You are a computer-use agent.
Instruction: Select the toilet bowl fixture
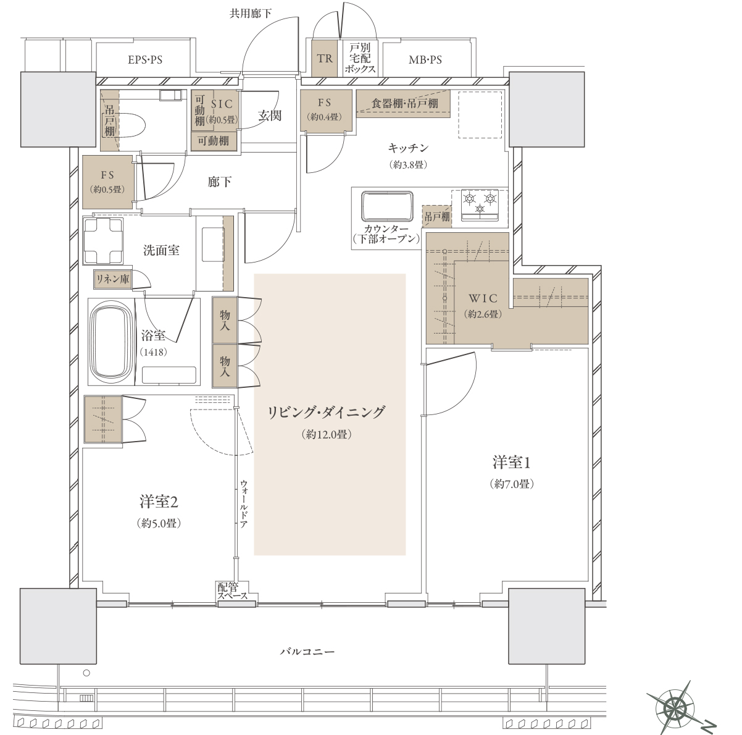coord(131,125)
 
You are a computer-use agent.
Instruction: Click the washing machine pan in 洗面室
coord(103,241)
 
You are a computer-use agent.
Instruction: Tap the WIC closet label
coord(483,298)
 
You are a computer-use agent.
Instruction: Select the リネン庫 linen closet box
coord(112,279)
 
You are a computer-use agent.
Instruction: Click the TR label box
coord(325,58)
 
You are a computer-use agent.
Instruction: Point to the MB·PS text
coord(425,60)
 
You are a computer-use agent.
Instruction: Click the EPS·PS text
coord(145,60)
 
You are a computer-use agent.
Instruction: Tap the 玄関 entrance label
coord(270,115)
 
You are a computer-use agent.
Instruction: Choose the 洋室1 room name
coord(511,463)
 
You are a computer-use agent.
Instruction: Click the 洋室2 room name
coord(159,502)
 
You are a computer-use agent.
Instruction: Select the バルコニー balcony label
coord(307,652)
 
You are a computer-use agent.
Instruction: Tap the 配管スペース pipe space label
coord(233,591)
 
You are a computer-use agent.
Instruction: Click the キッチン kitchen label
coord(408,148)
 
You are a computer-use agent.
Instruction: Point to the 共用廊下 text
coord(250,14)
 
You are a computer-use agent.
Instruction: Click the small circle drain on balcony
coord(86,673)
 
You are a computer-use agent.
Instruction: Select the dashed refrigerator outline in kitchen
coord(480,114)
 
